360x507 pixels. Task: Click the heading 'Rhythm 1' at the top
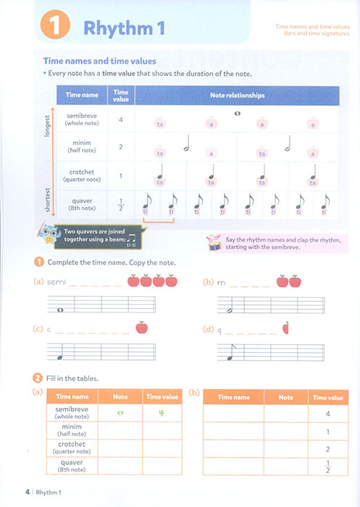coord(124,28)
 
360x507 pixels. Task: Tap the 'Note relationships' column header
coord(237,95)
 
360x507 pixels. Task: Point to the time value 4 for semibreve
coord(120,120)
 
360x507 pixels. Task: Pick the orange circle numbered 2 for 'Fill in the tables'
coord(37,378)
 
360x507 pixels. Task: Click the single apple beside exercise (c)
coord(142,328)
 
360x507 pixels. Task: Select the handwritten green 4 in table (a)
coord(162,414)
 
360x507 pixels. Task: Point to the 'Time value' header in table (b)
coord(328,398)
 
